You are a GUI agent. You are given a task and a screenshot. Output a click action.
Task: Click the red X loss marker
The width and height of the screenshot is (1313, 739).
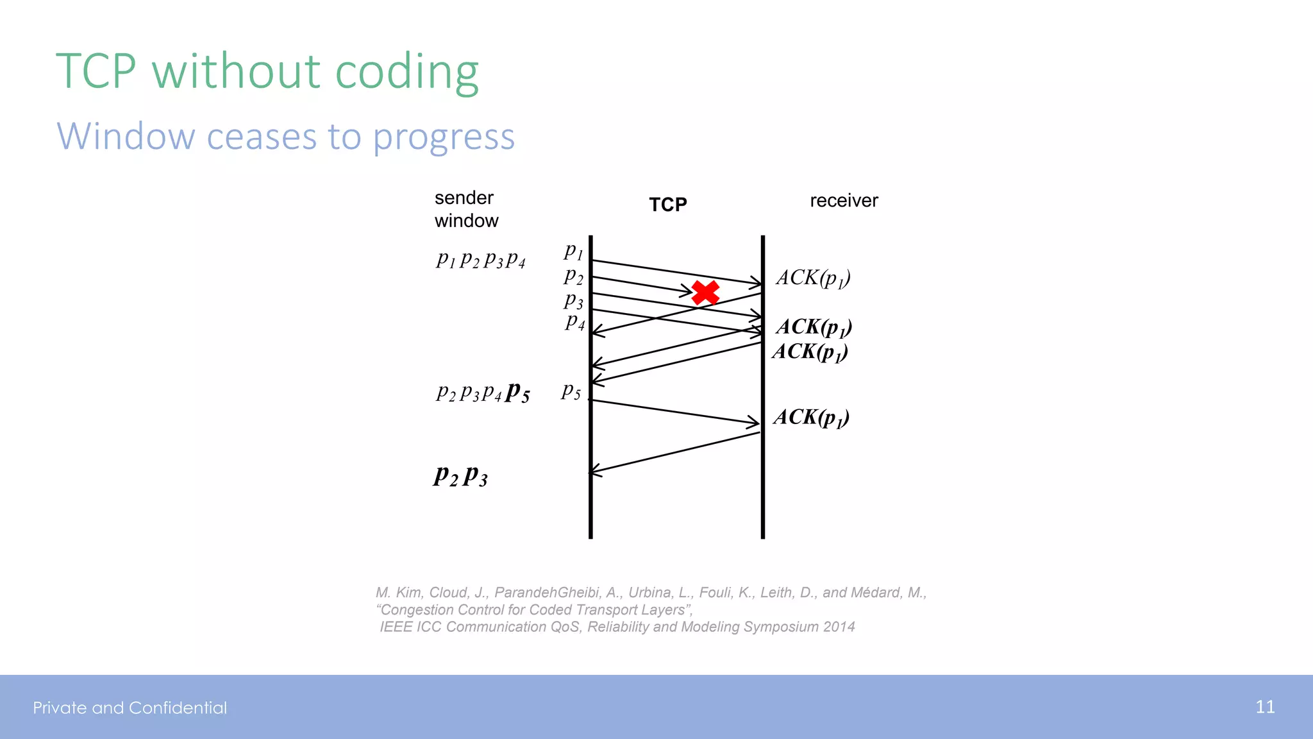(x=705, y=293)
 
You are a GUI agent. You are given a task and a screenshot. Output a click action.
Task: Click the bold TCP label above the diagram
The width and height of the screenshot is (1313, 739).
(x=667, y=205)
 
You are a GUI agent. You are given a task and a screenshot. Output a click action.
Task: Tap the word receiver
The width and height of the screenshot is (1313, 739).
(x=844, y=201)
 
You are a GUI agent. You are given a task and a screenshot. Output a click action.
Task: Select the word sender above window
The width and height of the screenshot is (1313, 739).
(x=464, y=198)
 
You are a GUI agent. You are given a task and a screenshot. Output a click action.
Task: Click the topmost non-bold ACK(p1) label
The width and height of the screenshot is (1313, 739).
(x=813, y=278)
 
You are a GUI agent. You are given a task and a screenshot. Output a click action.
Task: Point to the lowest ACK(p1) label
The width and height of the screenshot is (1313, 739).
(x=811, y=418)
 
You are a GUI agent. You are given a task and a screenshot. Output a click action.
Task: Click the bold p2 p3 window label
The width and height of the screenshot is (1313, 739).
(x=460, y=476)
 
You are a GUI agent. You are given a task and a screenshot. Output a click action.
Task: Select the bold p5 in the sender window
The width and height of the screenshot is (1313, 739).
(x=517, y=391)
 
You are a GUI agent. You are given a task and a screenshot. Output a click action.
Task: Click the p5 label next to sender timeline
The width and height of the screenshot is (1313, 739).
(x=571, y=390)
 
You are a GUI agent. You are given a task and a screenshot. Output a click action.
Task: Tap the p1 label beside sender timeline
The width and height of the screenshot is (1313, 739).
(x=574, y=251)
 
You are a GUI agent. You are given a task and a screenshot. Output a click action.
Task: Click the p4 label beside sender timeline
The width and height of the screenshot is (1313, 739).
(x=575, y=321)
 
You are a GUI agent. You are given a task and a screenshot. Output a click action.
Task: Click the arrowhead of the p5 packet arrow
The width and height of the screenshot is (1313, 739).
(x=755, y=422)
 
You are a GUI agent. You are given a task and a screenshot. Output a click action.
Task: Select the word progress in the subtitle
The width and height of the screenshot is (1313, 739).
(x=444, y=137)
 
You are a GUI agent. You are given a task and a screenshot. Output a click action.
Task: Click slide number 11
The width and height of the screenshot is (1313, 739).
(x=1265, y=707)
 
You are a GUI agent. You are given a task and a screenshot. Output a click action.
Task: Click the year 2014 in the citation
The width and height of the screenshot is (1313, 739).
(x=839, y=627)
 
